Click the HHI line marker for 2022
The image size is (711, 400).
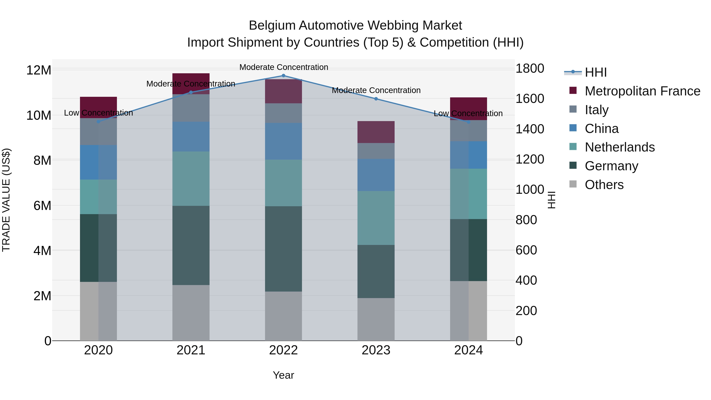(283, 76)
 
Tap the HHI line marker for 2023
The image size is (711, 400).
(376, 99)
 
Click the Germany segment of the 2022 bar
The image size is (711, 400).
(283, 249)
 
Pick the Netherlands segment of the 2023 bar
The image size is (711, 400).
(376, 218)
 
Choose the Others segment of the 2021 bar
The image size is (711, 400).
(191, 313)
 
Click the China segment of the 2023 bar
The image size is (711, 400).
(376, 175)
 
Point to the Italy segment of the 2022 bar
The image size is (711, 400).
(283, 113)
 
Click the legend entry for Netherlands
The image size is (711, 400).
(619, 147)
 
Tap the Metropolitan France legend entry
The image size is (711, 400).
(642, 91)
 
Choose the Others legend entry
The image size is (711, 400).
(604, 185)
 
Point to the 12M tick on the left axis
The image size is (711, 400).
(39, 70)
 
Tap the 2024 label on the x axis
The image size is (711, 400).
(468, 350)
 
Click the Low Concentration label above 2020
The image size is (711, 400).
(98, 113)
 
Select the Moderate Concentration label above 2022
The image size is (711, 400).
(283, 67)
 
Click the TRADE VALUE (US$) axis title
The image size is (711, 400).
(6, 200)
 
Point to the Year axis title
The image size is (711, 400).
(283, 375)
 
